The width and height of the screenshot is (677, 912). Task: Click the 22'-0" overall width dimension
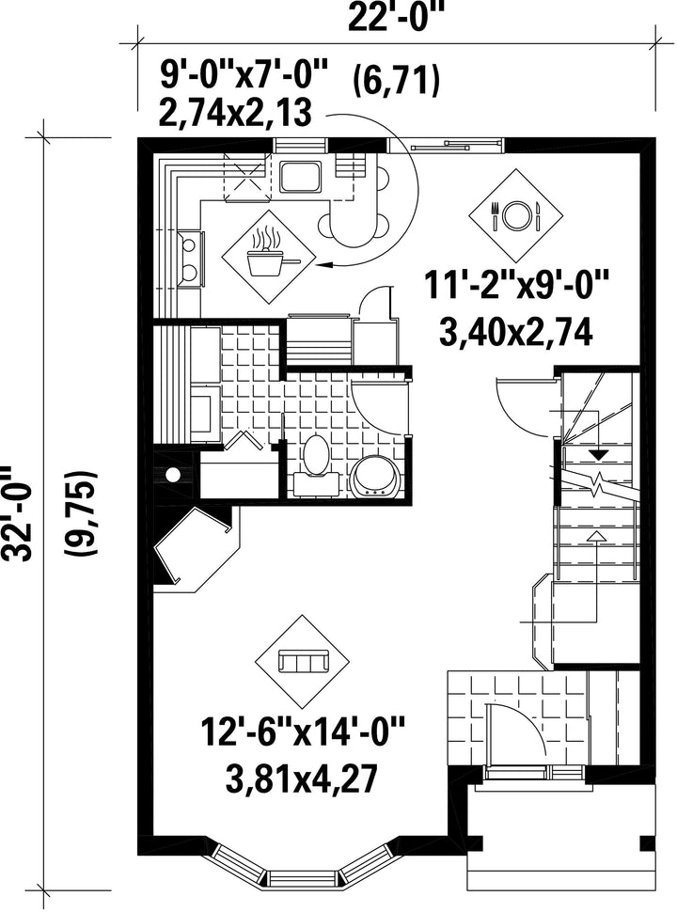[x=396, y=18]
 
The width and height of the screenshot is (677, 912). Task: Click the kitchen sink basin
[x=300, y=177]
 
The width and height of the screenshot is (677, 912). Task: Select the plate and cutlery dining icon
[x=516, y=216]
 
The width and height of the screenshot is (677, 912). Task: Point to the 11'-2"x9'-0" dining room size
[x=516, y=286]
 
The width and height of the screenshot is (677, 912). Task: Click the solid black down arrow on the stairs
[x=598, y=455]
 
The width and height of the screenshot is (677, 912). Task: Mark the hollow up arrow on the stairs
[x=593, y=536]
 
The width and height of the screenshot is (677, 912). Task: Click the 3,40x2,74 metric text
[x=516, y=333]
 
